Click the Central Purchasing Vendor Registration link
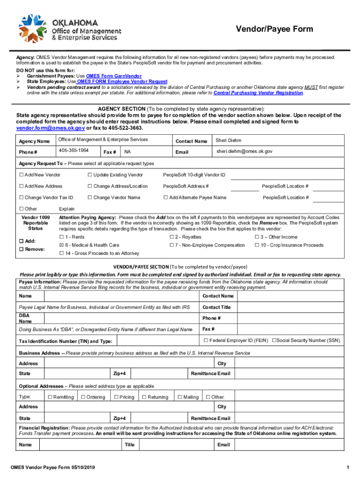(x=258, y=93)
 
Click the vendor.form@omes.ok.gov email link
(x=50, y=128)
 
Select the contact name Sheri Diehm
(x=228, y=140)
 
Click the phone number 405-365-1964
(x=74, y=151)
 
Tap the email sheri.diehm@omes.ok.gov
(x=244, y=152)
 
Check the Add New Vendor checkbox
(x=21, y=175)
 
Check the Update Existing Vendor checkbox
(x=90, y=175)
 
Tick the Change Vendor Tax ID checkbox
(x=21, y=197)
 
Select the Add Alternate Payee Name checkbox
(x=166, y=197)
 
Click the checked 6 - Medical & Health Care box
(x=61, y=245)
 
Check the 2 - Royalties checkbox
(x=172, y=237)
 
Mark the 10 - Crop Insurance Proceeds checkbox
(x=257, y=245)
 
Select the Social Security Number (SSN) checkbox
(x=274, y=340)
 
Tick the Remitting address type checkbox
(x=50, y=397)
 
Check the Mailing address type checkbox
(x=179, y=397)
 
